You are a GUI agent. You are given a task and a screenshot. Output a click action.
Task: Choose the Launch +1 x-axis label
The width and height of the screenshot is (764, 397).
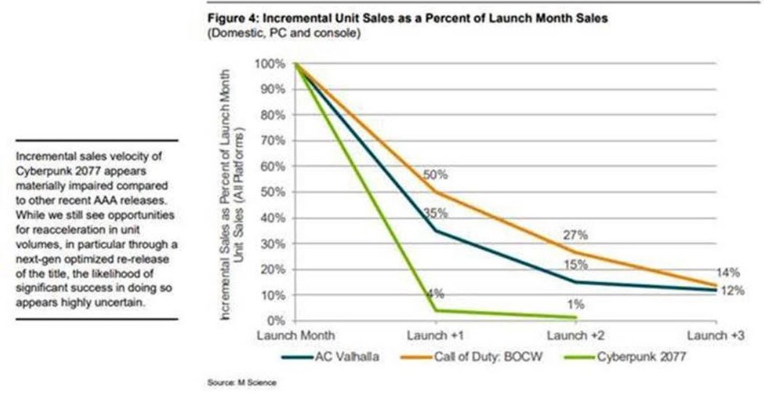coord(435,334)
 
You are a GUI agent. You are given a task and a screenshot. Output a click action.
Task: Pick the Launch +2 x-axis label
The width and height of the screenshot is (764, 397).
coord(576,334)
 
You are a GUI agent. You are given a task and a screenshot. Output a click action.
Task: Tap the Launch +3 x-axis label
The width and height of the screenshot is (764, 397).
coord(716,334)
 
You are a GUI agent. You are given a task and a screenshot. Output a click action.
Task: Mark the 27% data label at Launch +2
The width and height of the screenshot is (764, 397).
coord(575,236)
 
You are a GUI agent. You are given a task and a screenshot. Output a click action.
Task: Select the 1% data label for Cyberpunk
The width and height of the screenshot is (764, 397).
coord(575,305)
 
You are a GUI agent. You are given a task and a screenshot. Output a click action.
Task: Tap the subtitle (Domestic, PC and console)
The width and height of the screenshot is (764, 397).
coord(283,33)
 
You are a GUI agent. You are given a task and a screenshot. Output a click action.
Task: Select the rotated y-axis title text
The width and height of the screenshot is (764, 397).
coord(233,191)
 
